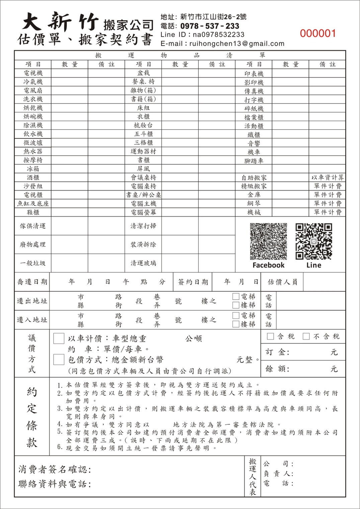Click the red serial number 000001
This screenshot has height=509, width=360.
click(318, 33)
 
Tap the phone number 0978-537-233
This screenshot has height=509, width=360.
click(209, 26)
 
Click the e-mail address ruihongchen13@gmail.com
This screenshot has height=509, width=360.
click(237, 43)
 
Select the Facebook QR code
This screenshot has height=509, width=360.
click(268, 241)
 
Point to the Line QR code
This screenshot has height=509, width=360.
click(313, 241)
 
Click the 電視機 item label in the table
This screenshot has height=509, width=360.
click(33, 73)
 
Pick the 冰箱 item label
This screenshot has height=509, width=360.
click(33, 169)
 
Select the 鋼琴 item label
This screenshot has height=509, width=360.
click(254, 203)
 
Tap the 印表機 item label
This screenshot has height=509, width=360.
click(254, 74)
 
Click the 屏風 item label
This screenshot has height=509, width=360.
click(143, 169)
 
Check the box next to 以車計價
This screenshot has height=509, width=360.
click(59, 338)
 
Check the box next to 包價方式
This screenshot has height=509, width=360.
click(59, 360)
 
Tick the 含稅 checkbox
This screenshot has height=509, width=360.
click(270, 336)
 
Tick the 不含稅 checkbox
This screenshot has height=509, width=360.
click(306, 336)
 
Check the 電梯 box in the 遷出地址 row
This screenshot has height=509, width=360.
click(236, 296)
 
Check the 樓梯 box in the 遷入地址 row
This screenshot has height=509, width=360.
click(236, 324)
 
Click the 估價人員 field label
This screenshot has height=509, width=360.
click(282, 282)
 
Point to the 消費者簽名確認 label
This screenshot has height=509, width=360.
click(55, 469)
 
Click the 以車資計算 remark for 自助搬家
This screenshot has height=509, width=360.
click(327, 178)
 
